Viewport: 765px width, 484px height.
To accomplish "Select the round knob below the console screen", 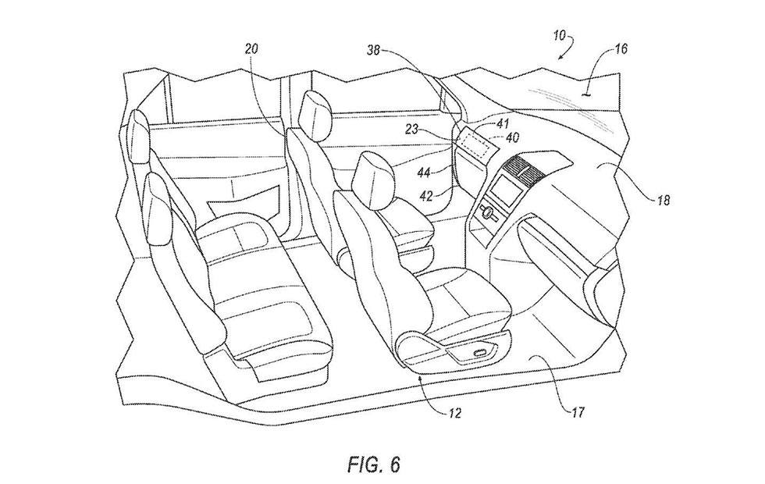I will click(489, 210).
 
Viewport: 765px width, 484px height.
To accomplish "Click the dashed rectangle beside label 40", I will click(475, 142).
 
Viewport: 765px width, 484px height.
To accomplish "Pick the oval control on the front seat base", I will click(479, 353).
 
